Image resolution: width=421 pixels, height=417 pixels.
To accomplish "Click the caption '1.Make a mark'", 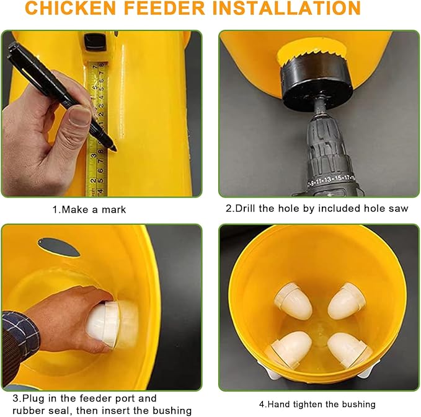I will pyautogui.click(x=89, y=209).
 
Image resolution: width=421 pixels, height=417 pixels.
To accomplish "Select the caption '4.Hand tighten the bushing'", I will pyautogui.click(x=317, y=404).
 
